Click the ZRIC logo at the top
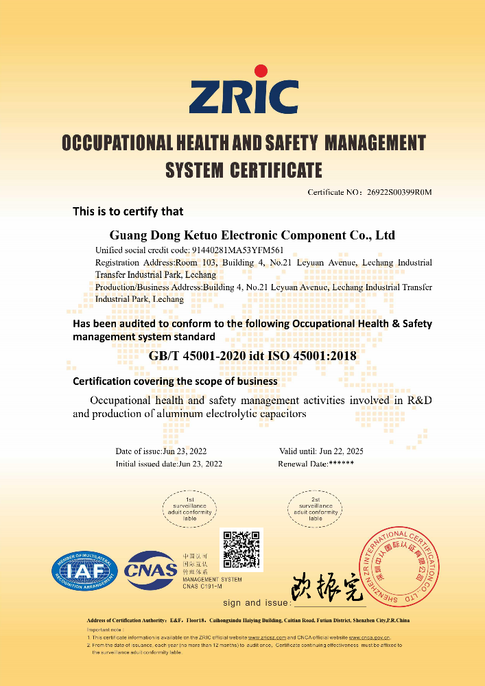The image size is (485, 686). (x=244, y=97)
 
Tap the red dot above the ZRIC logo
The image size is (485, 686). (x=261, y=71)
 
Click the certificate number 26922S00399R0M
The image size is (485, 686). (x=399, y=192)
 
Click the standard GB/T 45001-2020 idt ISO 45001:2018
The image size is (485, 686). (x=252, y=355)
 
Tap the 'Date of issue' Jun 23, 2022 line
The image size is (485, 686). (x=161, y=451)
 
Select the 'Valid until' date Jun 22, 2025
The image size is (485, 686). (x=321, y=451)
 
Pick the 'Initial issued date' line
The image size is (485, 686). (x=169, y=464)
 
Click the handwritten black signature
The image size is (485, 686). (x=328, y=587)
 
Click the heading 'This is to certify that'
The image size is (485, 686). (x=128, y=211)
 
